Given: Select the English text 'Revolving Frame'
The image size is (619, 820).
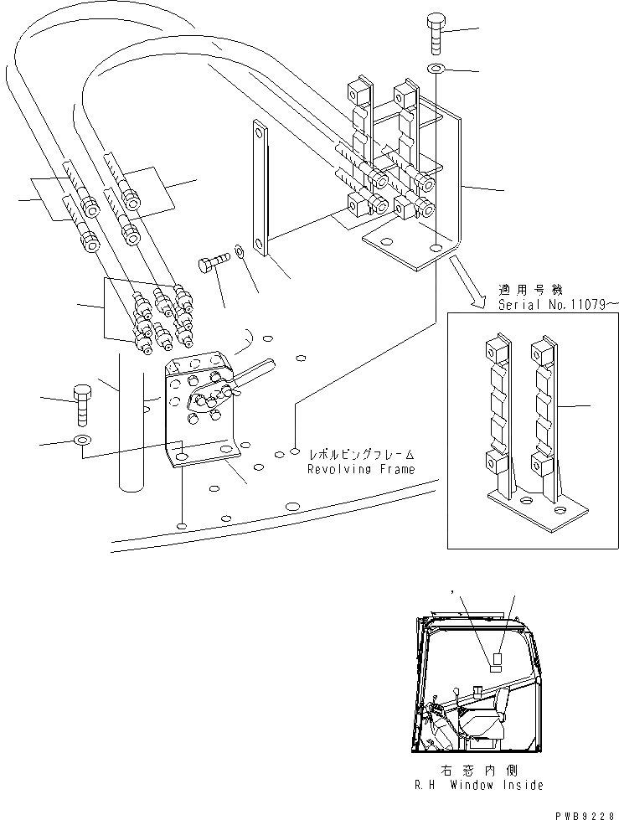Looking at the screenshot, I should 362,469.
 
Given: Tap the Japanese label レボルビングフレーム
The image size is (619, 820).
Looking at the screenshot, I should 362,455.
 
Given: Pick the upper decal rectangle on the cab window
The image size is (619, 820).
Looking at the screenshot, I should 496,658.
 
